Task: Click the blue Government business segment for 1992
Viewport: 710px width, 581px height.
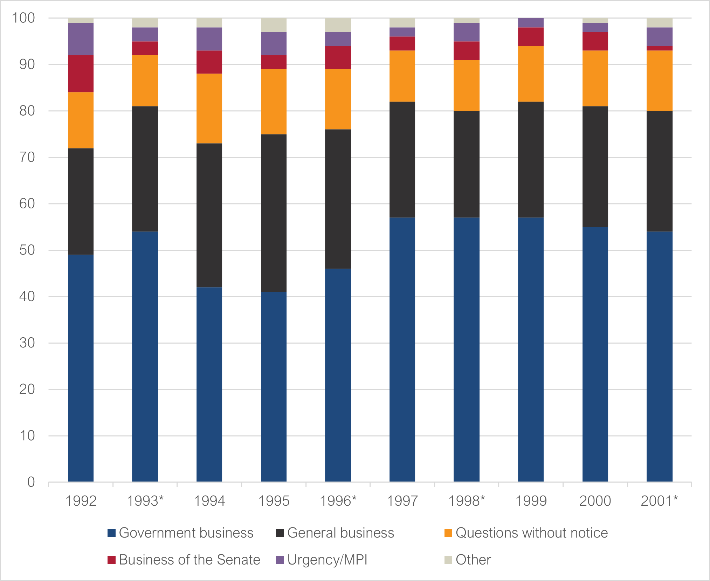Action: click(81, 368)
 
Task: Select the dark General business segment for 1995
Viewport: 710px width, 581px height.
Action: click(274, 213)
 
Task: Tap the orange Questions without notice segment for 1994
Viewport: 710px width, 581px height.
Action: click(209, 109)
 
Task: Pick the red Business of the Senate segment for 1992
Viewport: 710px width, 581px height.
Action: click(81, 74)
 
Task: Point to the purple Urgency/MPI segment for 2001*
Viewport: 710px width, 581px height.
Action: click(659, 37)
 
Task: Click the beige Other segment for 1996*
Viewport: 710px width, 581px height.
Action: click(338, 25)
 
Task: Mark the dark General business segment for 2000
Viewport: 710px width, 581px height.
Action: click(595, 167)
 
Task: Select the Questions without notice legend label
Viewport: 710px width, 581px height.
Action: click(531, 533)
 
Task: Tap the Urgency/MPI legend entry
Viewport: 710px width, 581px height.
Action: click(327, 560)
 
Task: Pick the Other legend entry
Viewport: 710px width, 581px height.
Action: click(473, 560)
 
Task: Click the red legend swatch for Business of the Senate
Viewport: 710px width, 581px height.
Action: click(111, 560)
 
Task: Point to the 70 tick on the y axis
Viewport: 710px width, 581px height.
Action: click(27, 157)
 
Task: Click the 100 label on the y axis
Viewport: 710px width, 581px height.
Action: click(23, 18)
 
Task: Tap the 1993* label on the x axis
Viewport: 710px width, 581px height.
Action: click(145, 501)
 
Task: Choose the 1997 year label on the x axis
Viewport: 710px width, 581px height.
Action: click(402, 501)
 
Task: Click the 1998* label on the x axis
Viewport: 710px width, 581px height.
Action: click(467, 501)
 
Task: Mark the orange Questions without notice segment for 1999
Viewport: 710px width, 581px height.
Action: click(531, 74)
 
